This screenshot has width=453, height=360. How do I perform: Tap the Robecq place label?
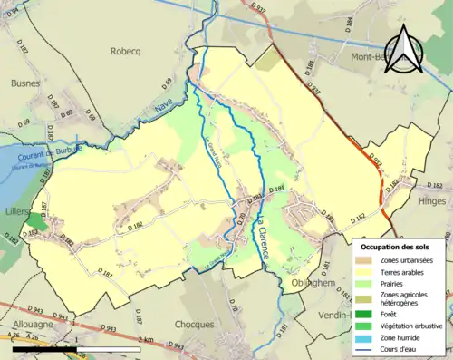129,52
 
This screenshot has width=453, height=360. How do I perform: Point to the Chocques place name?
196,323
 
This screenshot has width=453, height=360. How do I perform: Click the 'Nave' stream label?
164,107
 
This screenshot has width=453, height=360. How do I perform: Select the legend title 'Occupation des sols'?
395,247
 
